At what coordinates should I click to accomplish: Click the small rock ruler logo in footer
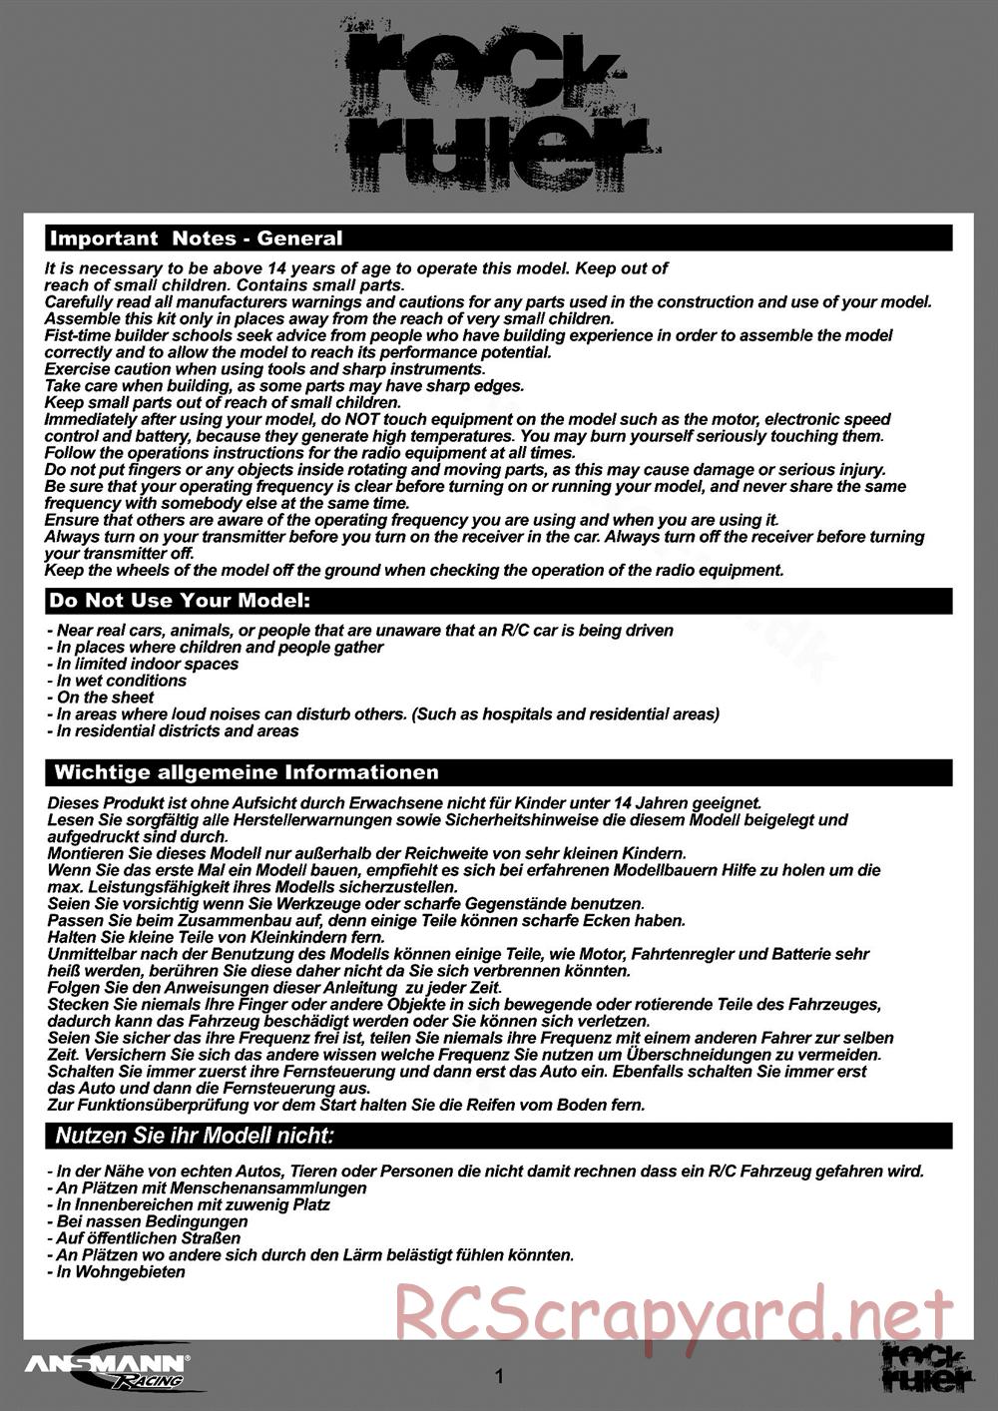point(927,1366)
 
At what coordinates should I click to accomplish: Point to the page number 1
point(499,1377)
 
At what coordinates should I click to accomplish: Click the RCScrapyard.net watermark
point(674,1314)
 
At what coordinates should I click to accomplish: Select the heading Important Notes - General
point(196,238)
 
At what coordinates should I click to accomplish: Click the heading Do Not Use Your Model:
point(180,601)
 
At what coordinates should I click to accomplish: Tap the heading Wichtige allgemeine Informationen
point(246,772)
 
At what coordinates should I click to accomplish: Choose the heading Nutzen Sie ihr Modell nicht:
point(194,1136)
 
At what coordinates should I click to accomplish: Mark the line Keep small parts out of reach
point(223,402)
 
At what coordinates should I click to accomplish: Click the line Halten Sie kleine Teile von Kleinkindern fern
point(244,937)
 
